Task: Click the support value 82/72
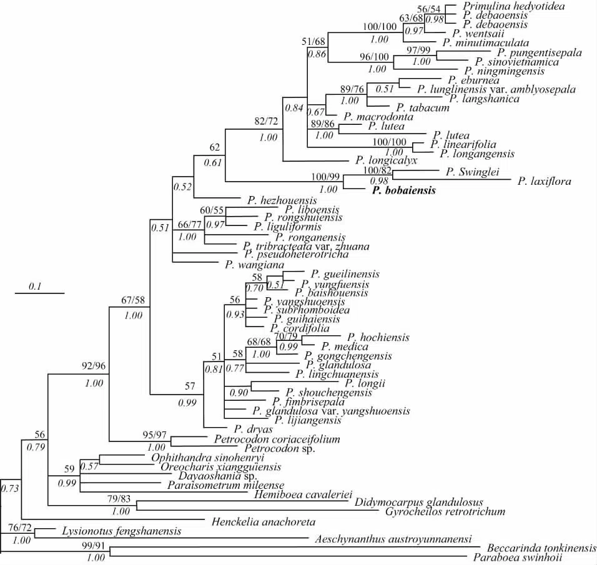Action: point(267,121)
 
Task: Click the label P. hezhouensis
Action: point(282,200)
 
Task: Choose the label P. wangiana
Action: point(249,264)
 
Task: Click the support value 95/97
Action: point(155,434)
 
